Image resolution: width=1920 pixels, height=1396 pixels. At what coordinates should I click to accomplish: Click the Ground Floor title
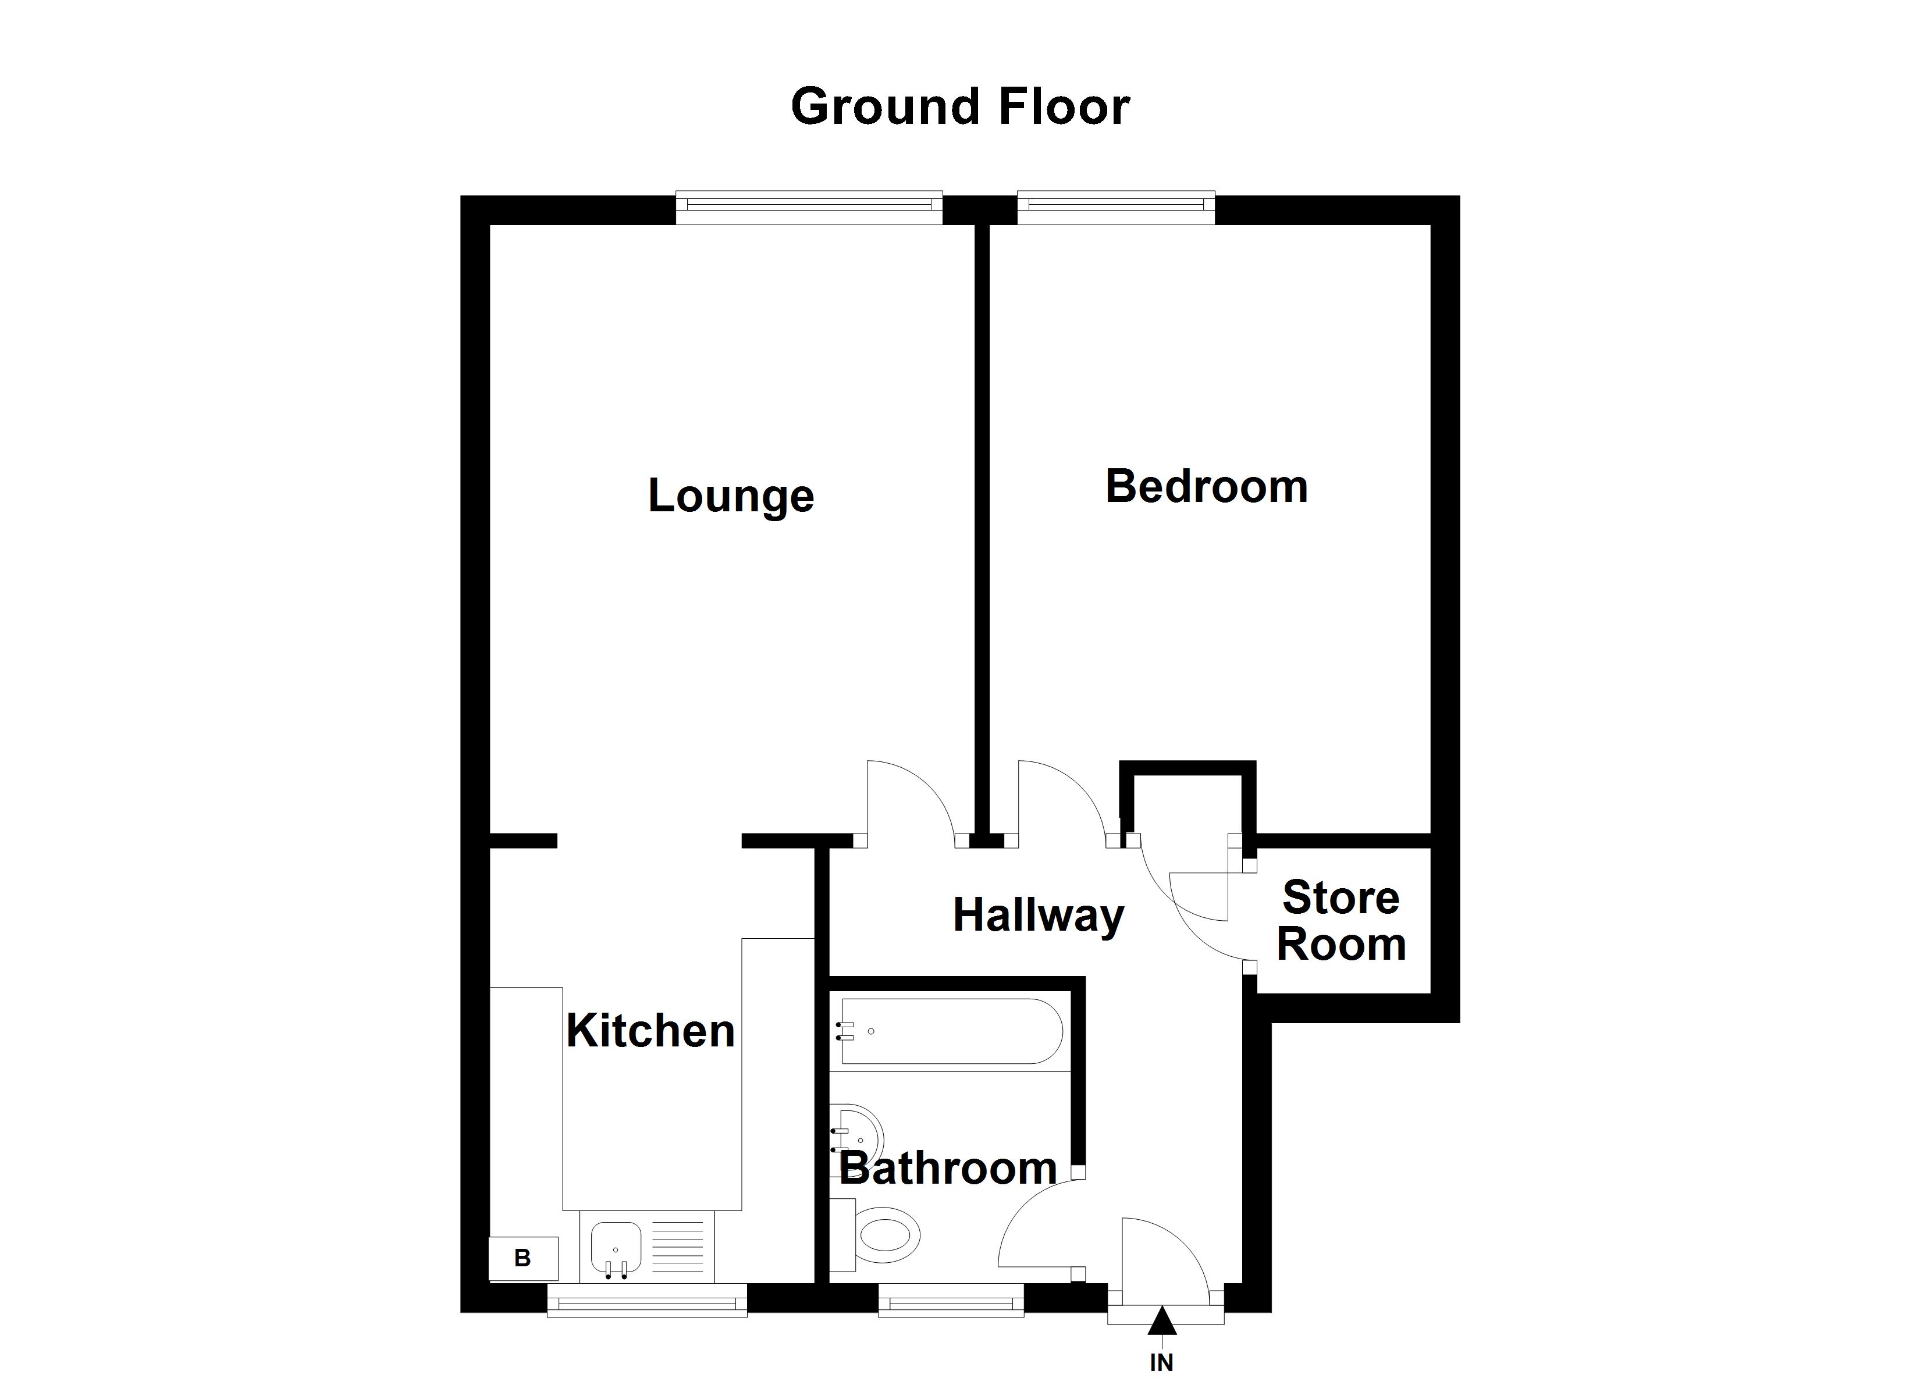[x=960, y=108]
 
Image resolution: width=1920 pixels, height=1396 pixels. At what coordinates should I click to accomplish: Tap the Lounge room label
[x=731, y=496]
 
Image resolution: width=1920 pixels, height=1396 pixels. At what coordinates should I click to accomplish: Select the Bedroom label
[x=1206, y=487]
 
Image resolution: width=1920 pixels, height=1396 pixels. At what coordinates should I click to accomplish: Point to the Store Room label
[x=1341, y=921]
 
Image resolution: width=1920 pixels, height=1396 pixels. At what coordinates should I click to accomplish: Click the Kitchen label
[x=650, y=1031]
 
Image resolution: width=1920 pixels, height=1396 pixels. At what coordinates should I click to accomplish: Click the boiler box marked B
[x=523, y=1258]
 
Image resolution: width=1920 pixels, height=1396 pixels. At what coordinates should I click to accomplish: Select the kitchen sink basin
[x=616, y=1247]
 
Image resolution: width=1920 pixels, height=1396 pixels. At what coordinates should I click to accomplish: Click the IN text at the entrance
[x=1161, y=1362]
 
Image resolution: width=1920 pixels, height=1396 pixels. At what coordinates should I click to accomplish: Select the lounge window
[x=809, y=208]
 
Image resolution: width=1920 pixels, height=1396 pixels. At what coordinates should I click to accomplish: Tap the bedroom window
[x=1116, y=208]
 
